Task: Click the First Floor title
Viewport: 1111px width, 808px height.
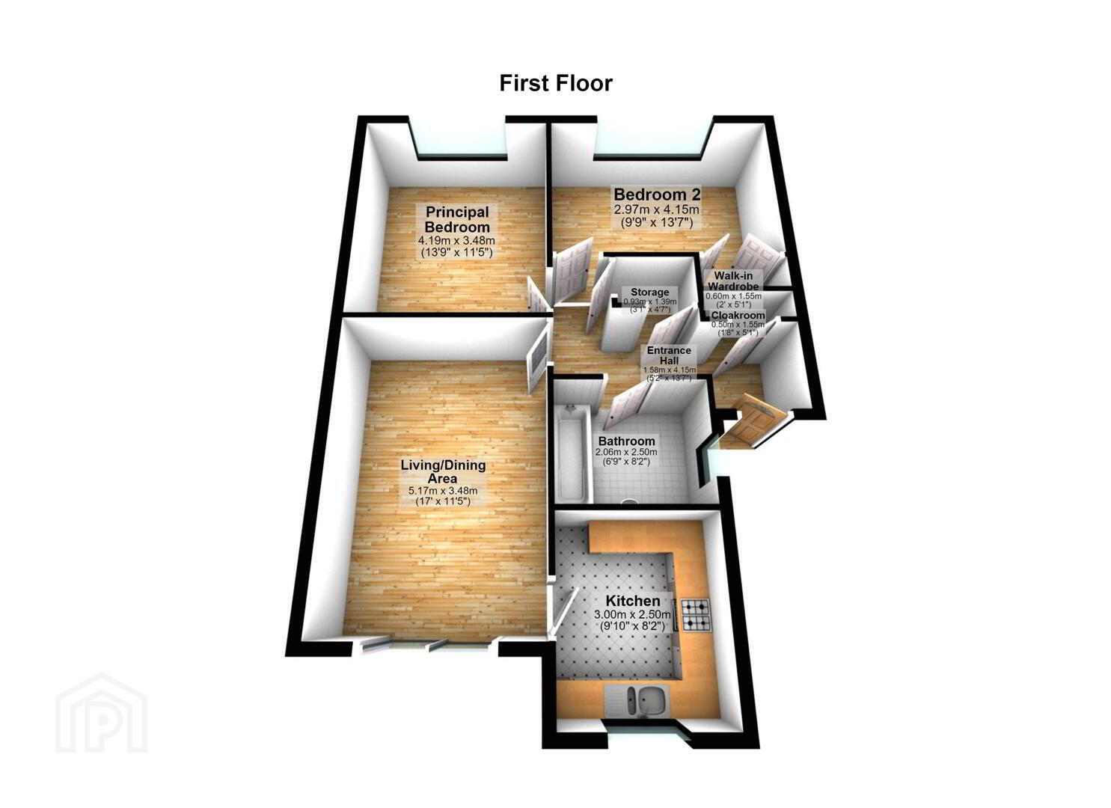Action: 555,83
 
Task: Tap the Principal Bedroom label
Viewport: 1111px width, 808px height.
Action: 457,219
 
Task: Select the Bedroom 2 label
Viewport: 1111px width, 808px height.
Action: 657,194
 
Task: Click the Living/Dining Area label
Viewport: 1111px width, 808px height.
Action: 443,471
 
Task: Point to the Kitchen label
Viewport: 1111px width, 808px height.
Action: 632,601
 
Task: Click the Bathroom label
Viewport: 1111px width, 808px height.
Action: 626,441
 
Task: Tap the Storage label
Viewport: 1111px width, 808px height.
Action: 649,292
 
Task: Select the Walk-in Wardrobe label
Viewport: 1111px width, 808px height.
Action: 733,281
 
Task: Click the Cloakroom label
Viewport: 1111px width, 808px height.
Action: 738,316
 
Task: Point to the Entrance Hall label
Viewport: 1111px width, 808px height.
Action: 669,355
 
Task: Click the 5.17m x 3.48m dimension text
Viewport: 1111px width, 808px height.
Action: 443,491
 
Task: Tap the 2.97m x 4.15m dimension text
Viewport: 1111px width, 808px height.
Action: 657,209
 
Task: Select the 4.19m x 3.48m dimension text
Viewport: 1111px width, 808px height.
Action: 457,240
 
